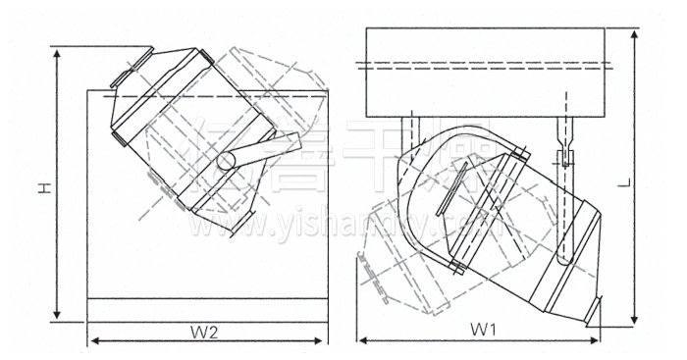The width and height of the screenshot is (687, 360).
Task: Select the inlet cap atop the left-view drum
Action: click(126, 72)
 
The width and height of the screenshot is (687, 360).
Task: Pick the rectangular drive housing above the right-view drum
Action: click(490, 70)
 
